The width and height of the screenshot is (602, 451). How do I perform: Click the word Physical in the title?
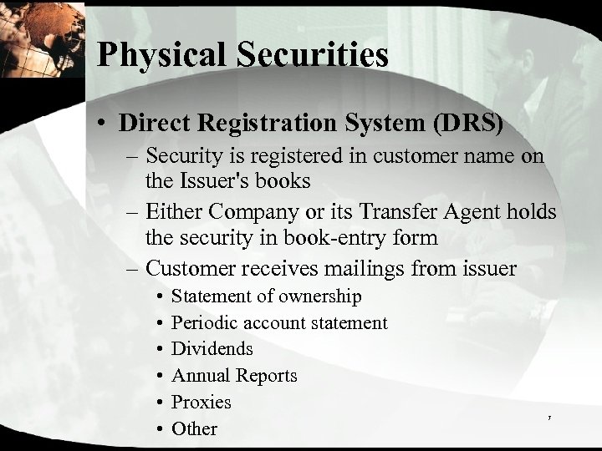tap(155, 54)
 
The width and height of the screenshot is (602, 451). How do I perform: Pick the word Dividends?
tap(212, 348)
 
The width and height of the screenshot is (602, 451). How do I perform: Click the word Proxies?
tap(202, 402)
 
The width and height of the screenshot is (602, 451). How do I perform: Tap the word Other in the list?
tap(194, 428)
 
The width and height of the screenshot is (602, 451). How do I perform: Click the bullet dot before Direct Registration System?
tap(102, 123)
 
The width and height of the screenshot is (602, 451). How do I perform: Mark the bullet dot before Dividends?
tap(159, 349)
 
